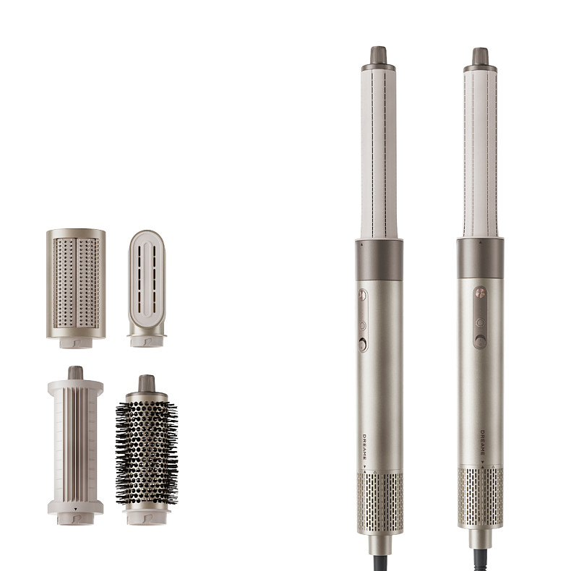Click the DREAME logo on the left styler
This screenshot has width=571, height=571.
(x=364, y=447)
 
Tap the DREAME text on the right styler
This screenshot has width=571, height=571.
(x=482, y=442)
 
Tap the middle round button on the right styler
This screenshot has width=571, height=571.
(x=481, y=322)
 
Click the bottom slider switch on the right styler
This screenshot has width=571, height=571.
(x=481, y=341)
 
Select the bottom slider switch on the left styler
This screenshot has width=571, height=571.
(x=363, y=345)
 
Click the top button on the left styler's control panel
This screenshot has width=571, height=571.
(x=362, y=295)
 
